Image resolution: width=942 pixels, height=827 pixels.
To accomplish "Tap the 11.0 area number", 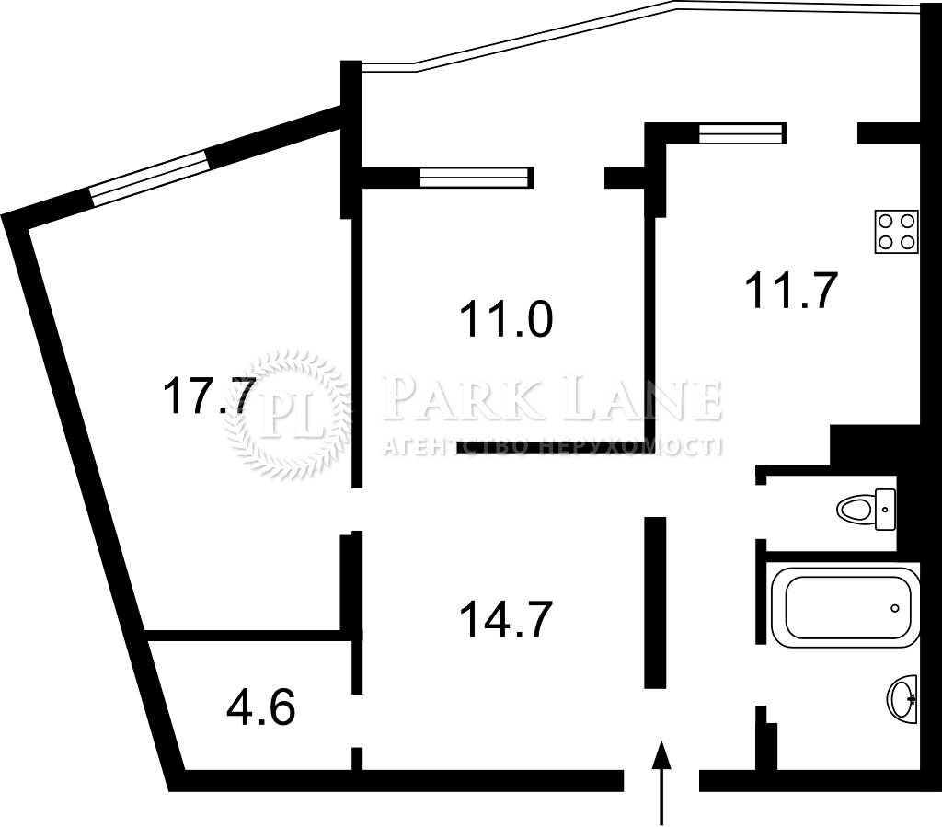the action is click(x=506, y=319).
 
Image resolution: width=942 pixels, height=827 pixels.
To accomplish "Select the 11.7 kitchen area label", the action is click(x=791, y=290).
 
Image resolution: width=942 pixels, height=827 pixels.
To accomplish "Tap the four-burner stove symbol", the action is click(x=897, y=231).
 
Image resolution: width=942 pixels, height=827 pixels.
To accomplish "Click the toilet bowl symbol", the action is click(x=856, y=510).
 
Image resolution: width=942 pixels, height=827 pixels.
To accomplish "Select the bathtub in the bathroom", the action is click(x=844, y=607).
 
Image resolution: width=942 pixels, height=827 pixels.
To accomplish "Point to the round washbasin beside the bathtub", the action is click(x=902, y=698).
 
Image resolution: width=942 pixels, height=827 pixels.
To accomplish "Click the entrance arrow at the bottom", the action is click(x=661, y=783).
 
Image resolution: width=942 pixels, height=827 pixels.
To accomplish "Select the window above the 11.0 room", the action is click(x=476, y=178).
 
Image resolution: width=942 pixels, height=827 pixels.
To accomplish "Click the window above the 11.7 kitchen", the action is click(x=742, y=132).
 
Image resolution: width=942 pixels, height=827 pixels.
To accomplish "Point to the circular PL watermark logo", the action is click(x=287, y=413).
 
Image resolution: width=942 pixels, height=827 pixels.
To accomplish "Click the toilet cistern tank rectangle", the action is click(x=886, y=510).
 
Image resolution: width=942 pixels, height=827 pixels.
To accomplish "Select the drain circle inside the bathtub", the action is click(x=895, y=608).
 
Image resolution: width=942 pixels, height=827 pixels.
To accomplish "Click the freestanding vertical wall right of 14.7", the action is click(x=655, y=603).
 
